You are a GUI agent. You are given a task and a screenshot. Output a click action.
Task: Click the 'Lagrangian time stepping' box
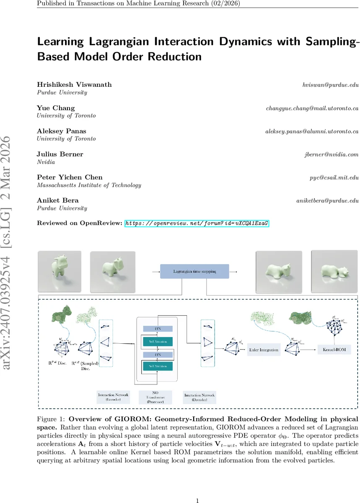[x=195, y=271]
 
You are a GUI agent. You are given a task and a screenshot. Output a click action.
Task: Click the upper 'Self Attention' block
[x=157, y=342]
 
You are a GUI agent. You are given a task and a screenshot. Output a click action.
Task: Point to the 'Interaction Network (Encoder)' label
[x=113, y=397]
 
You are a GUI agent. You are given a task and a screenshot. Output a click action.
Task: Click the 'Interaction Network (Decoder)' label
[x=199, y=397]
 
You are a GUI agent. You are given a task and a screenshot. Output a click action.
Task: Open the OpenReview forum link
[x=197, y=223]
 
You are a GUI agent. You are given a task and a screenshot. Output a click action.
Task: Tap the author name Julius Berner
[x=60, y=154]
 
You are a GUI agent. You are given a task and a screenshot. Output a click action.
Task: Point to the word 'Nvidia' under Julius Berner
[x=46, y=162]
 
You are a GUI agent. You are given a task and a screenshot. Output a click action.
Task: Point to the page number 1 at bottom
[x=197, y=489]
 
